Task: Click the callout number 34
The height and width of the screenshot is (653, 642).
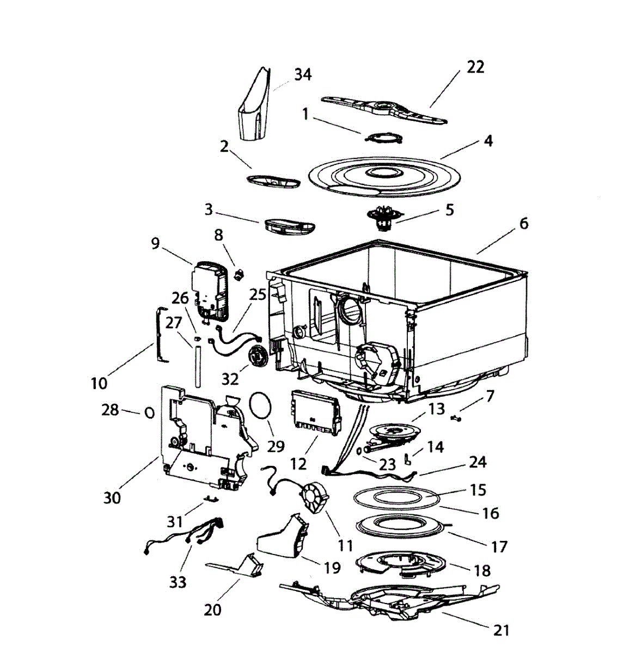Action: [303, 75]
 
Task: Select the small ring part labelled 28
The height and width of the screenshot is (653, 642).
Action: [149, 413]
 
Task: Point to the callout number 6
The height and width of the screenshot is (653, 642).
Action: [523, 223]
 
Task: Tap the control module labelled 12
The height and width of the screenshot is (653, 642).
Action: [315, 413]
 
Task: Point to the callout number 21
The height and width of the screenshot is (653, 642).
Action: [501, 630]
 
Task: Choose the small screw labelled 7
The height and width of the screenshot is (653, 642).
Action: [456, 418]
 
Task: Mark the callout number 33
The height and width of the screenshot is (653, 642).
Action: [178, 582]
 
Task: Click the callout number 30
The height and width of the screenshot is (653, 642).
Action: [112, 497]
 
